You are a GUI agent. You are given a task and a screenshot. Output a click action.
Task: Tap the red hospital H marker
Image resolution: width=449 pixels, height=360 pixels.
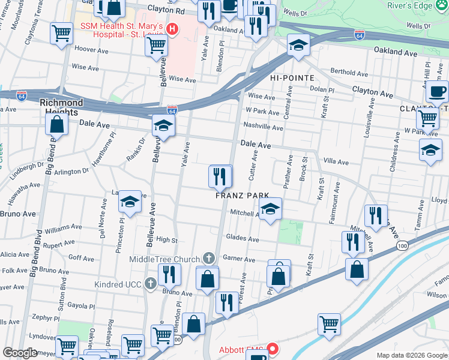[x=173, y=28]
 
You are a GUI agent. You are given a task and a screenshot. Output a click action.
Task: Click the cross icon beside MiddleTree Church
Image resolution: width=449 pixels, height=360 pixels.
[x=208, y=258]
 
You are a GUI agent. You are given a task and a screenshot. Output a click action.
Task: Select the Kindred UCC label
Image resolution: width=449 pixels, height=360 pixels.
[x=116, y=283]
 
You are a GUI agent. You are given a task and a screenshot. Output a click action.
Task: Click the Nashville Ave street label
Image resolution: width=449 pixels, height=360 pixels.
[x=262, y=127]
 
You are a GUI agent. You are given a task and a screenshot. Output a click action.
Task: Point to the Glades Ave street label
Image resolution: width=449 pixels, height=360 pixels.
[x=242, y=239]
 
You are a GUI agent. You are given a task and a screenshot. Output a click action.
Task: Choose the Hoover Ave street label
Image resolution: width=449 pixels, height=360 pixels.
[x=90, y=52]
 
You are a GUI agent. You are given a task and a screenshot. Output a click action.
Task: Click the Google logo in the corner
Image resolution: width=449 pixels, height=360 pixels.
[x=20, y=353]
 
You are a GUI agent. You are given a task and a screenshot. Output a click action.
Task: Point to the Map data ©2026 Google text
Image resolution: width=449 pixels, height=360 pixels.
[x=412, y=355]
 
